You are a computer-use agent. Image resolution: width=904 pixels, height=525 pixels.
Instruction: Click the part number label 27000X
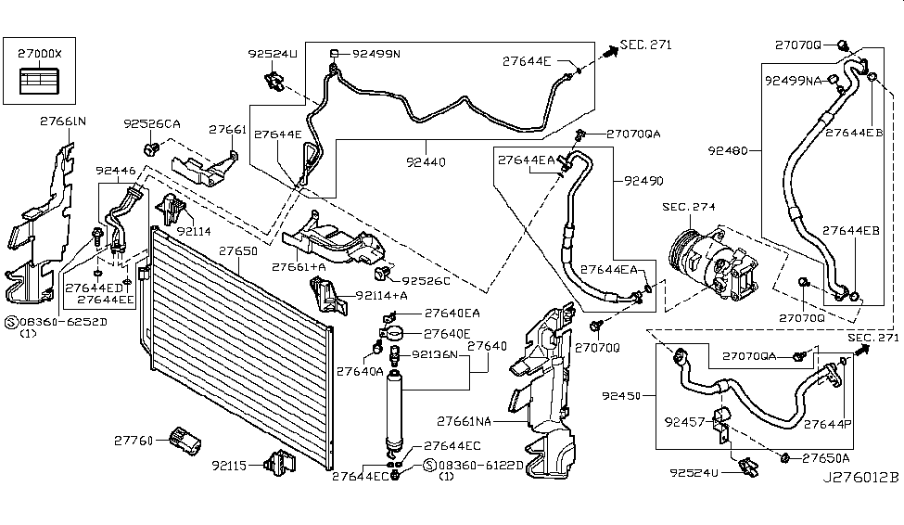tap(40, 54)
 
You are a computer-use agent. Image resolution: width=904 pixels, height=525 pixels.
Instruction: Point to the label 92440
tap(426, 161)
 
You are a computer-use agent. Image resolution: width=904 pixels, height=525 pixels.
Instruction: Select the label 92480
tap(730, 147)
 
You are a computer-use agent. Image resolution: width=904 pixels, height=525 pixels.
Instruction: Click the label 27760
tap(135, 440)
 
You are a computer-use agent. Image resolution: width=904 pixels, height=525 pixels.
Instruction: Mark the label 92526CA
tap(152, 122)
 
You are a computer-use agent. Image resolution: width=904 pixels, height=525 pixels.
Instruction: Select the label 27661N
tap(62, 121)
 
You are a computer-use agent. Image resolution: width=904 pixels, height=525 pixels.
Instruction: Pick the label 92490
tap(643, 182)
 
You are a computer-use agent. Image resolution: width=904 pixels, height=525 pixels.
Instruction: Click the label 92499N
tap(376, 54)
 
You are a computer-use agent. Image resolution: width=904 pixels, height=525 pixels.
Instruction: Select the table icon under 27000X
tap(40, 83)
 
